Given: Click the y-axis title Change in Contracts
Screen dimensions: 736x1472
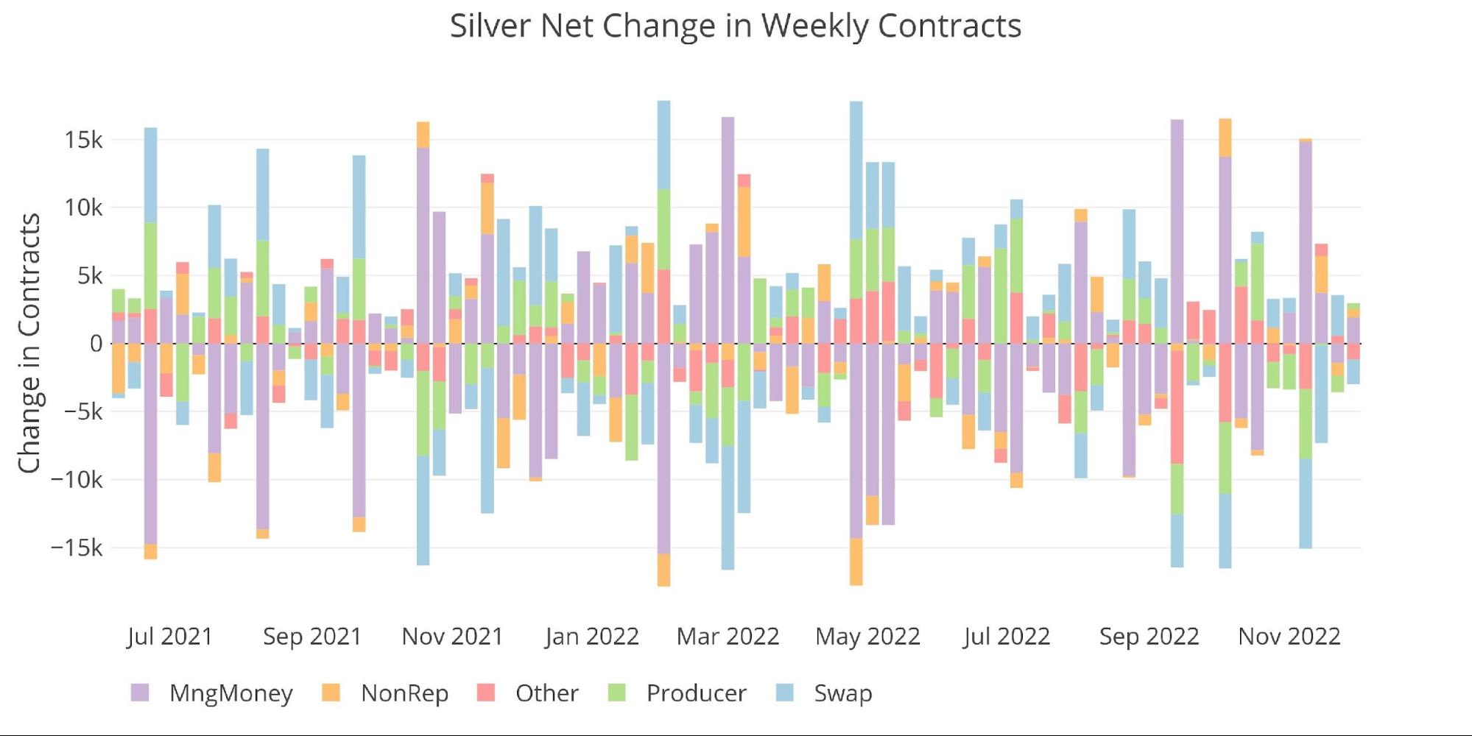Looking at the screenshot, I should (29, 343).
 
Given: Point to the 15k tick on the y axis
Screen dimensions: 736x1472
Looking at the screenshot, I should (83, 140).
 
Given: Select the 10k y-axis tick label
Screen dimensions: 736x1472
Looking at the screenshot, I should (83, 208).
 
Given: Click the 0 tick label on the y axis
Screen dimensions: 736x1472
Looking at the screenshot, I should (96, 344).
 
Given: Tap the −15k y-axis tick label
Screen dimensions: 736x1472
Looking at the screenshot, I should (77, 548).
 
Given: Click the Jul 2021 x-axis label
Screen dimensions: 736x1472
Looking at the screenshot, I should (169, 636).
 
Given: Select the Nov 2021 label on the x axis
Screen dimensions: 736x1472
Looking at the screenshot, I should (452, 636).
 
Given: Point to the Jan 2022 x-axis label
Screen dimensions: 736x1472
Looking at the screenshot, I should (591, 636).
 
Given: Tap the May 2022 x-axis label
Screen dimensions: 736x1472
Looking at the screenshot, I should (867, 636).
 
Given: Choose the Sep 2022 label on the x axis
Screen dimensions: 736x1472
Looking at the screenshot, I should (1149, 636).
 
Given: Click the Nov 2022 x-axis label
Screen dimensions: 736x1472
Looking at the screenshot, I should (1289, 636).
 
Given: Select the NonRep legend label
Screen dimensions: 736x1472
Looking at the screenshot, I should (404, 693).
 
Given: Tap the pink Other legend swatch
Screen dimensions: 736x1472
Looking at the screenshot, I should (486, 693).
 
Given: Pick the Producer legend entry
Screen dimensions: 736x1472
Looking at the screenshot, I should (696, 693).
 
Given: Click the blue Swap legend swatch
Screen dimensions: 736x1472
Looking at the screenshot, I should (785, 693).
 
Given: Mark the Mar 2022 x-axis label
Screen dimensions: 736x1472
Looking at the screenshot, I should (728, 636).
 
